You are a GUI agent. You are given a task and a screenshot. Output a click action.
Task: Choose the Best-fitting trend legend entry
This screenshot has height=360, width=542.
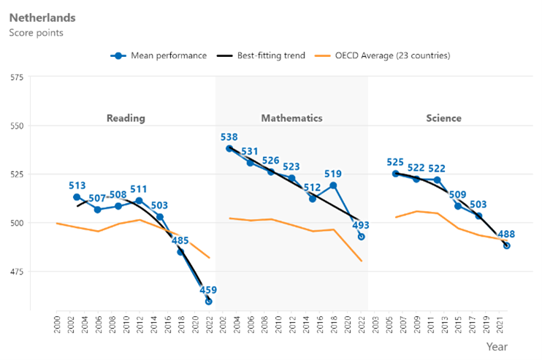tap(270, 55)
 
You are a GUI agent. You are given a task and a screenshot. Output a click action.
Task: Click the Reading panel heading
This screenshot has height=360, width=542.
tap(125, 118)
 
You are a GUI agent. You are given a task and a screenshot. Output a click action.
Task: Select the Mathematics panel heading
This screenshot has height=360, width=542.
tap(291, 118)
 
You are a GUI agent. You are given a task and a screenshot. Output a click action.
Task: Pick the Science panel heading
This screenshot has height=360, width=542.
tap(443, 118)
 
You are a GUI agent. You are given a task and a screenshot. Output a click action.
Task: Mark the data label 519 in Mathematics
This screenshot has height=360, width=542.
tap(333, 174)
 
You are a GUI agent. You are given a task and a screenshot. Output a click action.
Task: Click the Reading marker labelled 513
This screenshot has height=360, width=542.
tap(77, 197)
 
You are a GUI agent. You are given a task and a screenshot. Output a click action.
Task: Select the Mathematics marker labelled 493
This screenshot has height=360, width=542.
tap(361, 237)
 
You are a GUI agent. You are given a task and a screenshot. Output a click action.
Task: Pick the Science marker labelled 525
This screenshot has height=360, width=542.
tap(395, 174)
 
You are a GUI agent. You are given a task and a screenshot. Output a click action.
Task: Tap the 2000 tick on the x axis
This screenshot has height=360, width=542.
tap(57, 321)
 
